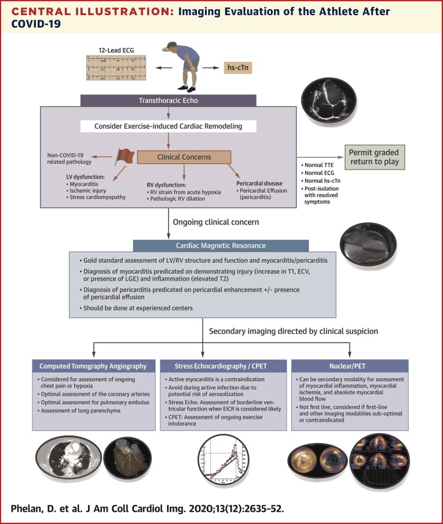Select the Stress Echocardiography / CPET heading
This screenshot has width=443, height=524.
[222, 366]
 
